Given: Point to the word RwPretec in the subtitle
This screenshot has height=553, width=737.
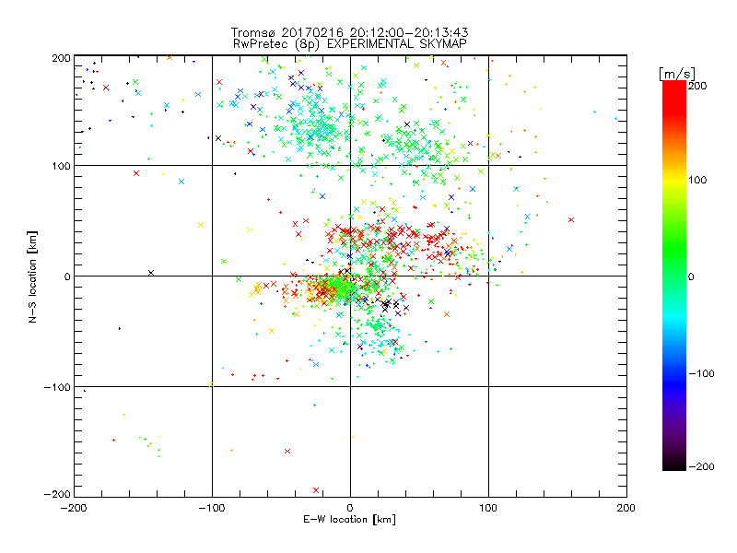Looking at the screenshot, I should coord(257,42).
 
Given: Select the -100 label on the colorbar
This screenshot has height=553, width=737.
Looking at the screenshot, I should coord(700,373).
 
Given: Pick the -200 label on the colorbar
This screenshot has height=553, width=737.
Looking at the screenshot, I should coord(700,467).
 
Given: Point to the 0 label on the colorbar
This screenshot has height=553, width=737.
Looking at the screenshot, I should coord(696,276).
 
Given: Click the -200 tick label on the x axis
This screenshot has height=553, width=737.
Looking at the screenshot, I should coord(74,508).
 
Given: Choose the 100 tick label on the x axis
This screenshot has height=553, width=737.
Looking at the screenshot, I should coord(488,508).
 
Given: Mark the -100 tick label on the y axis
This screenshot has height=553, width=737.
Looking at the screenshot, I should coord(57,387).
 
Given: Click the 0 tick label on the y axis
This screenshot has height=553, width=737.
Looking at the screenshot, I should coord(66,276).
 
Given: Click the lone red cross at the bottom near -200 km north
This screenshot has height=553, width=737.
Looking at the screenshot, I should coord(316,490).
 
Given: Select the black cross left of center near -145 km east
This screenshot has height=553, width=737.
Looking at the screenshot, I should coord(151,273).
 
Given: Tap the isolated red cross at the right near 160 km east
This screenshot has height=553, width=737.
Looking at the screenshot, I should coord(571,219).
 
